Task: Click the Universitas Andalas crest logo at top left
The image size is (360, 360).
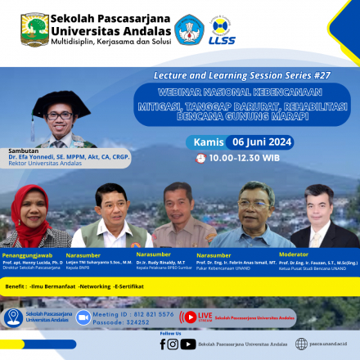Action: point(34,29)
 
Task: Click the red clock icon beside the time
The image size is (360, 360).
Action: point(200,158)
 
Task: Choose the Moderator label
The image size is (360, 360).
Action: point(294,254)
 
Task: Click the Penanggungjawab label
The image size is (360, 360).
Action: point(29,255)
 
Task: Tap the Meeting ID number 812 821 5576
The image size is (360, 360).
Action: point(144,313)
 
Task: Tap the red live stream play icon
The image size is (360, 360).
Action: point(191,317)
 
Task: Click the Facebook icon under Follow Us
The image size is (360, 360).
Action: point(163,344)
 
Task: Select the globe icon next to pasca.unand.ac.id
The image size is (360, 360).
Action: point(302,344)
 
